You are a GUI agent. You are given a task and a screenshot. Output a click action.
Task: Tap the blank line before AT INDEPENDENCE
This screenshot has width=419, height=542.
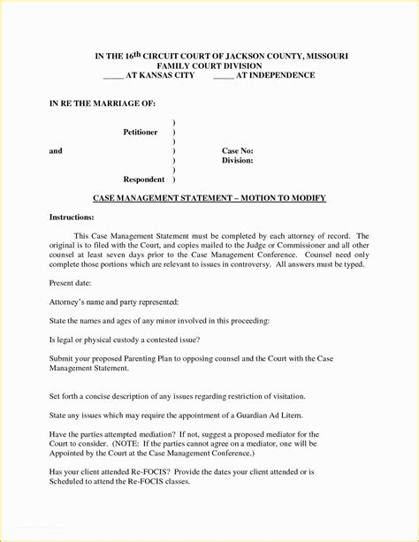pyautogui.click(x=224, y=76)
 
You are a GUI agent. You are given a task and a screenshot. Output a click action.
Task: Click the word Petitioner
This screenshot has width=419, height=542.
pyautogui.click(x=140, y=133)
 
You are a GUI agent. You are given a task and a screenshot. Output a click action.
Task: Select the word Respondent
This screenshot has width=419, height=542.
pyautogui.click(x=144, y=179)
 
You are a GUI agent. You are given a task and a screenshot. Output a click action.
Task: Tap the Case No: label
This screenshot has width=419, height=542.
pyautogui.click(x=237, y=151)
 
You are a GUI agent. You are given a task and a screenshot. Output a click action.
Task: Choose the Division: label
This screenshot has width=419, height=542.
pyautogui.click(x=238, y=161)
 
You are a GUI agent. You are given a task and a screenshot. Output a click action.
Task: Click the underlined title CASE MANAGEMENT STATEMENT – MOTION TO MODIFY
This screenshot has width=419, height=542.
pyautogui.click(x=209, y=198)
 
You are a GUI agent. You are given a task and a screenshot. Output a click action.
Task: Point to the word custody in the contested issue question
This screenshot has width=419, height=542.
pyautogui.click(x=132, y=340)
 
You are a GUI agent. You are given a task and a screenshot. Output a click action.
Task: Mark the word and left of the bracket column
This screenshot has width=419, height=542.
pyautogui.click(x=56, y=151)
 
